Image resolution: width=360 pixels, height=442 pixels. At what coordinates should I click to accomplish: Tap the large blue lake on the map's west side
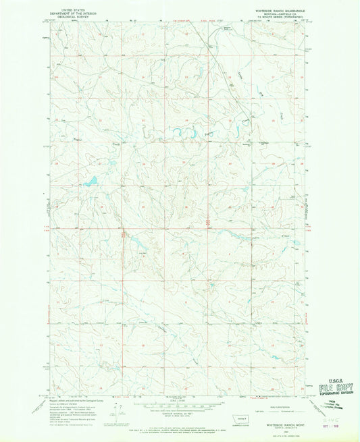tap(90, 181)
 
